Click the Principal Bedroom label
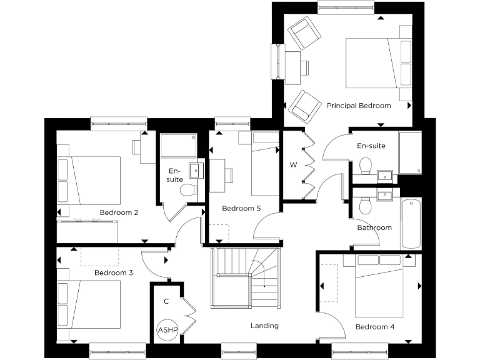pyautogui.click(x=359, y=106)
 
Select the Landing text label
pyautogui.click(x=264, y=326)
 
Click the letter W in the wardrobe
pyautogui.click(x=293, y=165)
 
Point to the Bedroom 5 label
pyautogui.click(x=241, y=208)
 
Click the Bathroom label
pyautogui.click(x=374, y=227)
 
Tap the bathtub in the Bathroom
pyautogui.click(x=411, y=223)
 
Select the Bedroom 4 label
pyautogui.click(x=375, y=326)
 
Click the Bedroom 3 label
pyautogui.click(x=114, y=273)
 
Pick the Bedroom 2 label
pyautogui.click(x=119, y=212)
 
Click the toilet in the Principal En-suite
pyautogui.click(x=366, y=166)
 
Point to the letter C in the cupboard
pyautogui.click(x=166, y=301)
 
